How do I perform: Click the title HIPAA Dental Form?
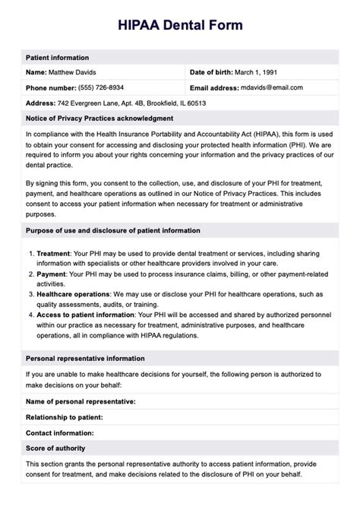tap(180, 25)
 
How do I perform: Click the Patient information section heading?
tap(58, 58)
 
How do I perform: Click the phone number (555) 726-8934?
tap(104, 87)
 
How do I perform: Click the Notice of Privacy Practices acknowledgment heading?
tap(99, 118)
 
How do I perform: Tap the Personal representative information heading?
tap(85, 358)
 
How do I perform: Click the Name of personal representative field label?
tap(81, 401)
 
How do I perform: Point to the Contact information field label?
tap(60, 432)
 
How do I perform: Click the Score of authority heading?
tap(55, 447)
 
